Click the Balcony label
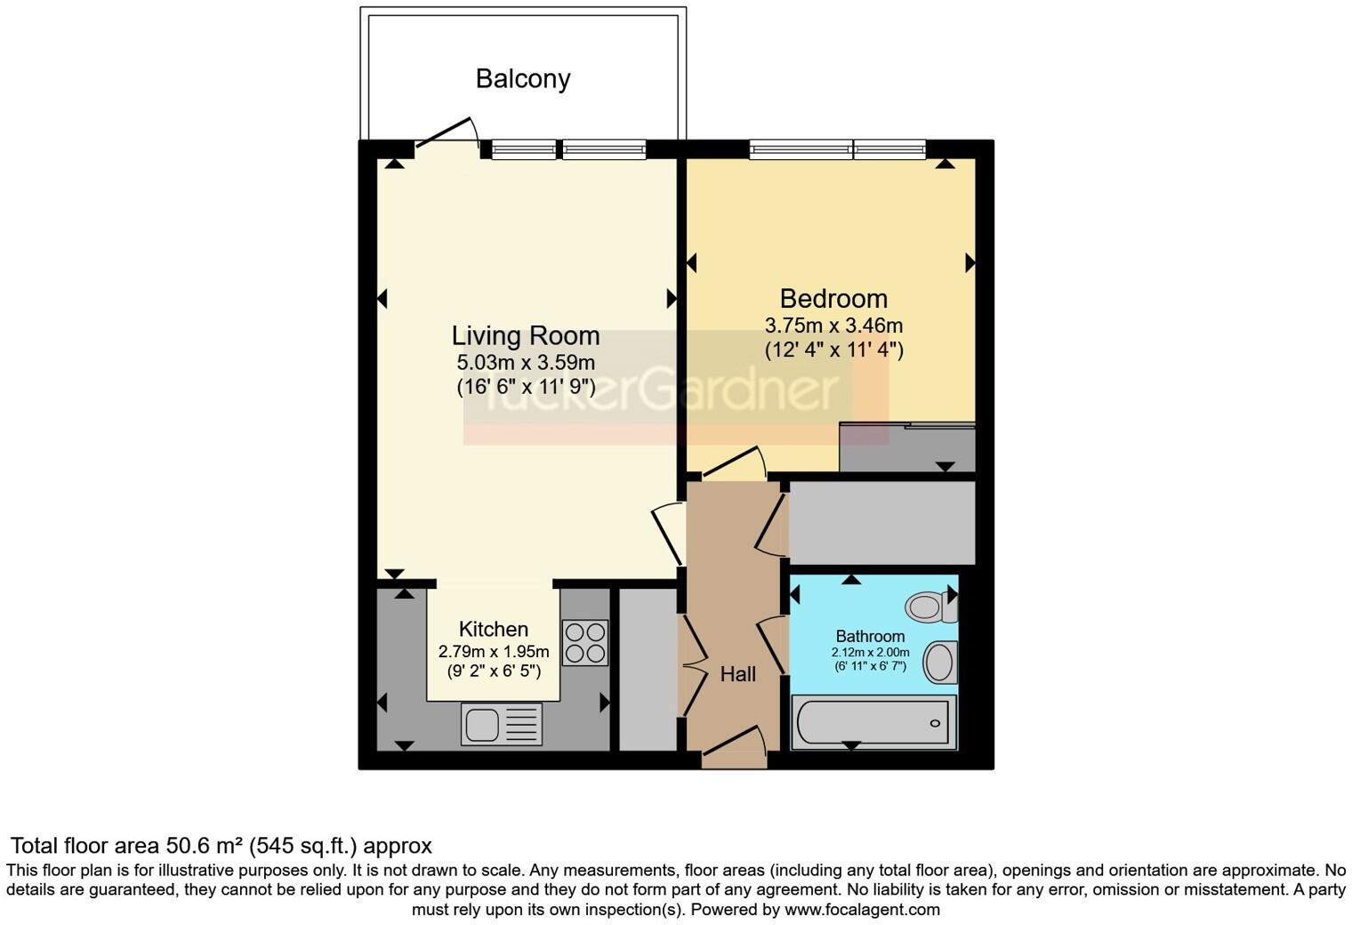click(522, 79)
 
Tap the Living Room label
click(526, 336)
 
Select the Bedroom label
click(833, 299)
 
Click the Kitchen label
click(494, 630)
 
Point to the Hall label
click(738, 675)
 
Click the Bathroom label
click(870, 637)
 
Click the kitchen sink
click(501, 723)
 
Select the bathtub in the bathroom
click(873, 722)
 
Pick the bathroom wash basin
click(939, 663)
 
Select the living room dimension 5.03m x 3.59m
click(526, 363)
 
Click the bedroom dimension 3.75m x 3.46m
click(833, 326)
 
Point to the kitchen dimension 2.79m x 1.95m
click(494, 652)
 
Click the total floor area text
click(221, 846)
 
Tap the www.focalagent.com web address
click(862, 910)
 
